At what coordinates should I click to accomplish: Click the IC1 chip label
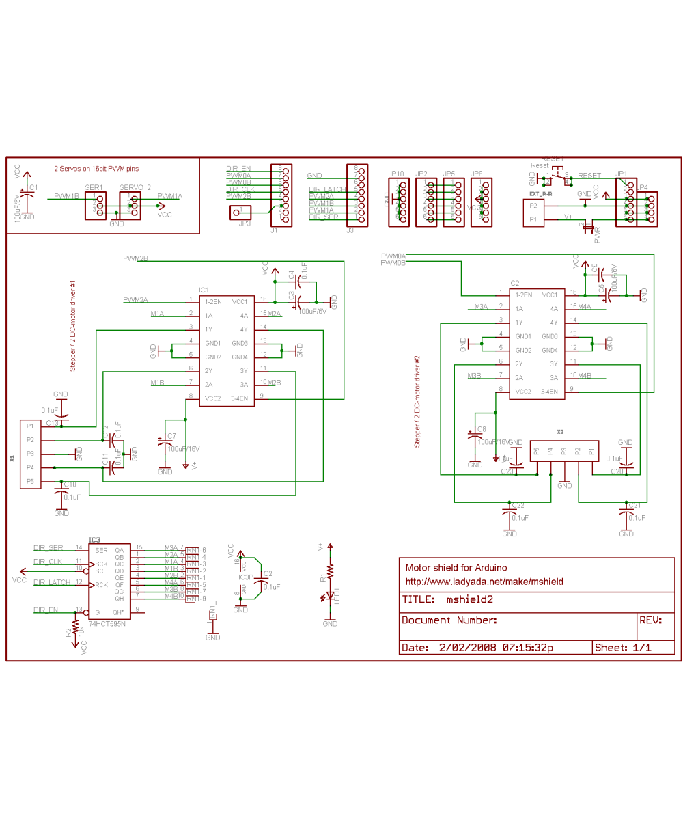(x=204, y=290)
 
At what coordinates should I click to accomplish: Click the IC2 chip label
(x=514, y=283)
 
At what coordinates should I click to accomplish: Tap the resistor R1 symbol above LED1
(x=330, y=571)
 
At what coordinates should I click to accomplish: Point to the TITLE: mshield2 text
(x=447, y=600)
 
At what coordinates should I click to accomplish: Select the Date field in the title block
(x=477, y=647)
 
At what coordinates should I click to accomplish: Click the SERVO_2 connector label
(x=135, y=187)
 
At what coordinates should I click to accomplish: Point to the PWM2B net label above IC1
(x=135, y=258)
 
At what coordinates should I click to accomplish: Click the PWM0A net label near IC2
(x=393, y=255)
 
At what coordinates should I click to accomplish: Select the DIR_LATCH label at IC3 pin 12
(x=52, y=582)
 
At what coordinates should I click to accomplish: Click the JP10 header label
(x=397, y=174)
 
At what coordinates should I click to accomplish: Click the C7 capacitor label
(x=171, y=436)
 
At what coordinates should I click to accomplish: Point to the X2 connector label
(x=560, y=432)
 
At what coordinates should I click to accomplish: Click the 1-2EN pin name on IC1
(x=213, y=301)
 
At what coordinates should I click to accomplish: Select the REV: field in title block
(x=650, y=620)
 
